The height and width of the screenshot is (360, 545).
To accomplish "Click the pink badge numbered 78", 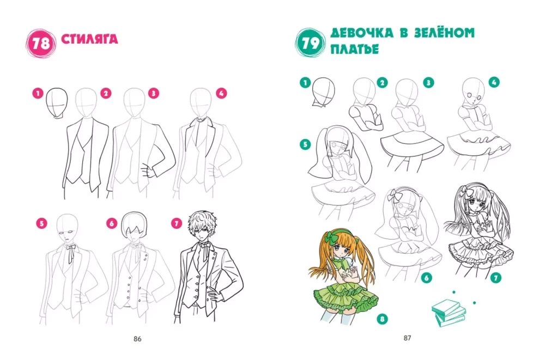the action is tap(41, 44).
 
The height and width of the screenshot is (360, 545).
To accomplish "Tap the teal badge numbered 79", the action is tap(310, 43).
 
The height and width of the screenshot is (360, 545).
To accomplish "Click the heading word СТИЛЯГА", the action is tap(89, 39).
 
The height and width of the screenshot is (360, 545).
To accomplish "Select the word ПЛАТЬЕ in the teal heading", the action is tap(354, 50).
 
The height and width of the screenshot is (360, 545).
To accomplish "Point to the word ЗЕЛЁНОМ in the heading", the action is tap(445, 33).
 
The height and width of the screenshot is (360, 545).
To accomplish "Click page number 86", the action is tap(137, 339).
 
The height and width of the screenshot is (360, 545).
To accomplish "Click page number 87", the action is tap(407, 338).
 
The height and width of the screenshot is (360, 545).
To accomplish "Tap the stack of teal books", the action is tap(449, 313).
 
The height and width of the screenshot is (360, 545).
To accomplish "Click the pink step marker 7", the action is tap(177, 223).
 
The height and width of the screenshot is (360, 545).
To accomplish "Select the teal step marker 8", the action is tap(383, 319).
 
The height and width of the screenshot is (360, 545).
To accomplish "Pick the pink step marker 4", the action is tap(221, 93).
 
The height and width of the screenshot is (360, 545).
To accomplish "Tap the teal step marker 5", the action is tap(305, 144).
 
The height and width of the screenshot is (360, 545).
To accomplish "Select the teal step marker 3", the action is tap(428, 83).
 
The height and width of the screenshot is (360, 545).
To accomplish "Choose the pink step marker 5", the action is tap(42, 223).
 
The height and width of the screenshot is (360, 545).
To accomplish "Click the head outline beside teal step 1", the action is tap(323, 91).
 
